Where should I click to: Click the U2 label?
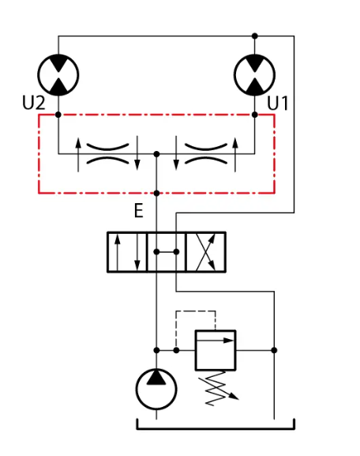click(x=34, y=103)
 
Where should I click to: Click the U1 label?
click(x=277, y=103)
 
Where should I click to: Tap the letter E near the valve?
click(x=139, y=210)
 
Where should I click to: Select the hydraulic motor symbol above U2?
click(x=58, y=75)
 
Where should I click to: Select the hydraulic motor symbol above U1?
click(x=254, y=75)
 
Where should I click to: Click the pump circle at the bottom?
click(x=156, y=389)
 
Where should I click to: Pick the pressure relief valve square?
click(x=216, y=350)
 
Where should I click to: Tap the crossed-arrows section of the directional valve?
click(x=206, y=252)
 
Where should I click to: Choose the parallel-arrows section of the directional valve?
click(x=127, y=252)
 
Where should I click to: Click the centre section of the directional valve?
click(x=167, y=252)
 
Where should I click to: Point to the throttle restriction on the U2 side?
click(x=107, y=154)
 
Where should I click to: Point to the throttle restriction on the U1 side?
click(x=206, y=154)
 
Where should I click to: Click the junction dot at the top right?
click(x=255, y=36)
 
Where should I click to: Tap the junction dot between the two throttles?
click(x=156, y=154)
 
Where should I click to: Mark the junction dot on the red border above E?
click(x=156, y=193)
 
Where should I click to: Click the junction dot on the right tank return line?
click(x=274, y=350)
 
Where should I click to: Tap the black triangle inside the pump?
click(x=156, y=378)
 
